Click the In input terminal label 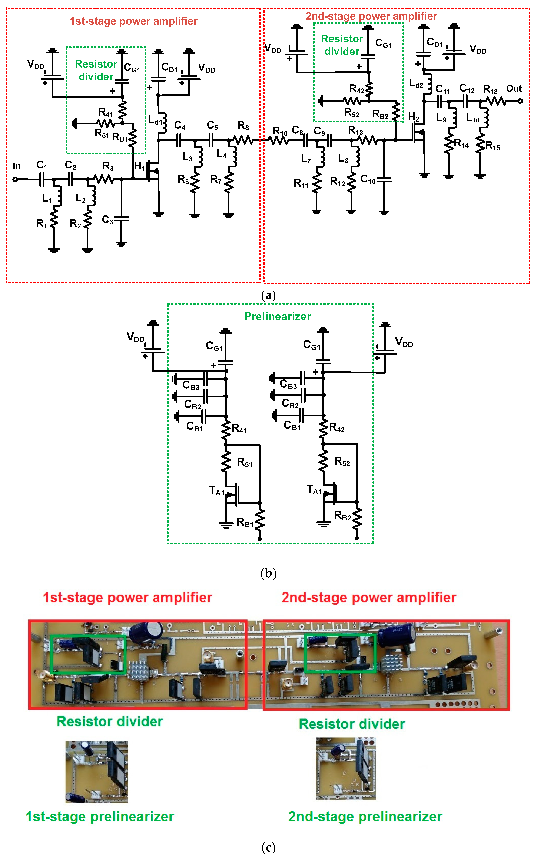16,166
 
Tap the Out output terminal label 514,88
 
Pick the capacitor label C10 368,180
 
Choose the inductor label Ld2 416,84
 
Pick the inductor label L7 306,159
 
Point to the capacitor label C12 467,88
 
